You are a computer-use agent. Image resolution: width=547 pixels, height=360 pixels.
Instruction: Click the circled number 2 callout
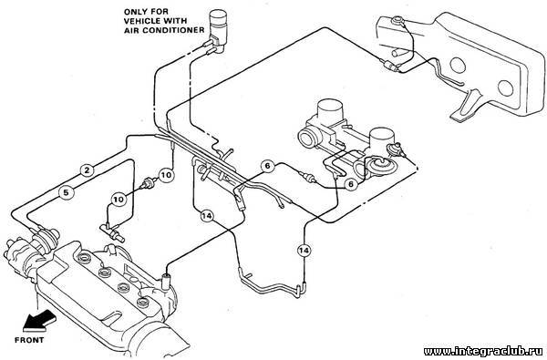click(87, 170)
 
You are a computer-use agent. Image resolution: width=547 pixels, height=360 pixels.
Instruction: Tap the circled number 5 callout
click(67, 192)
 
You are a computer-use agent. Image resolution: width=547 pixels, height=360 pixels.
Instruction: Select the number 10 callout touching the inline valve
click(167, 174)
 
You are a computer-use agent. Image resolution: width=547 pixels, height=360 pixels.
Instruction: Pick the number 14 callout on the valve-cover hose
click(207, 216)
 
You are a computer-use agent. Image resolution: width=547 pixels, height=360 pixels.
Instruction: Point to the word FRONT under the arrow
click(29, 340)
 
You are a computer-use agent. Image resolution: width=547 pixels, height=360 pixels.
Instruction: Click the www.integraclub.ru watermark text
click(483, 351)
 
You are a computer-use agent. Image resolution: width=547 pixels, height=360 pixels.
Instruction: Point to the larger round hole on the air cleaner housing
click(458, 66)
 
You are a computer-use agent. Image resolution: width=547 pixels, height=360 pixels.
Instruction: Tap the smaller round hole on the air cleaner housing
click(505, 87)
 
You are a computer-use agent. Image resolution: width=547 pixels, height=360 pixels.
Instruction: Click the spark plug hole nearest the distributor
click(84, 259)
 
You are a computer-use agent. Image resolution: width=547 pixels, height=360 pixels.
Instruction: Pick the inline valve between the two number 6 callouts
click(308, 177)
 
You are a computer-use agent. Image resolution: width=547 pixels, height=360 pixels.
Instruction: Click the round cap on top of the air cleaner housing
click(397, 21)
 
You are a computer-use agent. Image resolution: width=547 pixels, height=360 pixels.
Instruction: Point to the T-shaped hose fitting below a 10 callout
click(111, 231)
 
